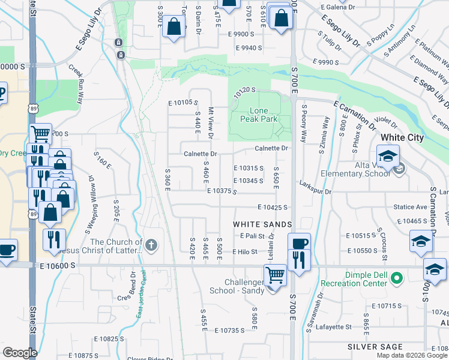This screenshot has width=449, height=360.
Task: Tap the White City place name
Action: click(x=402, y=137)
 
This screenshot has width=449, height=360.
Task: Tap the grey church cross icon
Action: click(x=151, y=245)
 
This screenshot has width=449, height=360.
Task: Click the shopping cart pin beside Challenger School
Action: click(x=275, y=275)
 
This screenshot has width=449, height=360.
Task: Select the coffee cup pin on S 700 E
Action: click(x=299, y=243)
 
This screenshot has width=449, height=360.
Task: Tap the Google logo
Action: click(x=20, y=353)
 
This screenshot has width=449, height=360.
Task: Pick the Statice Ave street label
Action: click(x=410, y=207)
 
